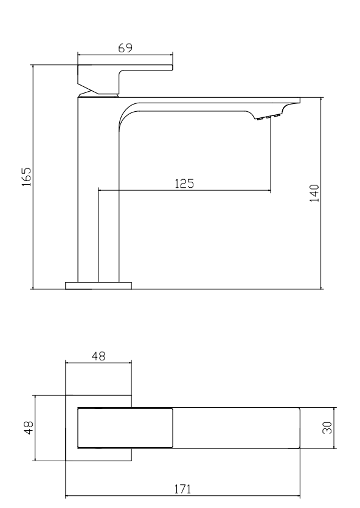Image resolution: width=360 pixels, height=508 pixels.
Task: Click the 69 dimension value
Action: tap(126, 48)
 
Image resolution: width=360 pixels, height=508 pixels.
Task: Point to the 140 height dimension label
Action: tap(314, 193)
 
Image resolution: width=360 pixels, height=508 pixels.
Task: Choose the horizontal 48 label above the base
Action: tap(98, 357)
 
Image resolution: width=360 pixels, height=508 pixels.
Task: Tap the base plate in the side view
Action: tap(98, 285)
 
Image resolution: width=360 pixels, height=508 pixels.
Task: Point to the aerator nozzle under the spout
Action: tap(268, 117)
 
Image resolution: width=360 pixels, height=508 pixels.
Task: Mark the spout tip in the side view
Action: tap(294, 101)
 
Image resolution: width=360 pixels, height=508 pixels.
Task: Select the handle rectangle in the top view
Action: tap(125, 428)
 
